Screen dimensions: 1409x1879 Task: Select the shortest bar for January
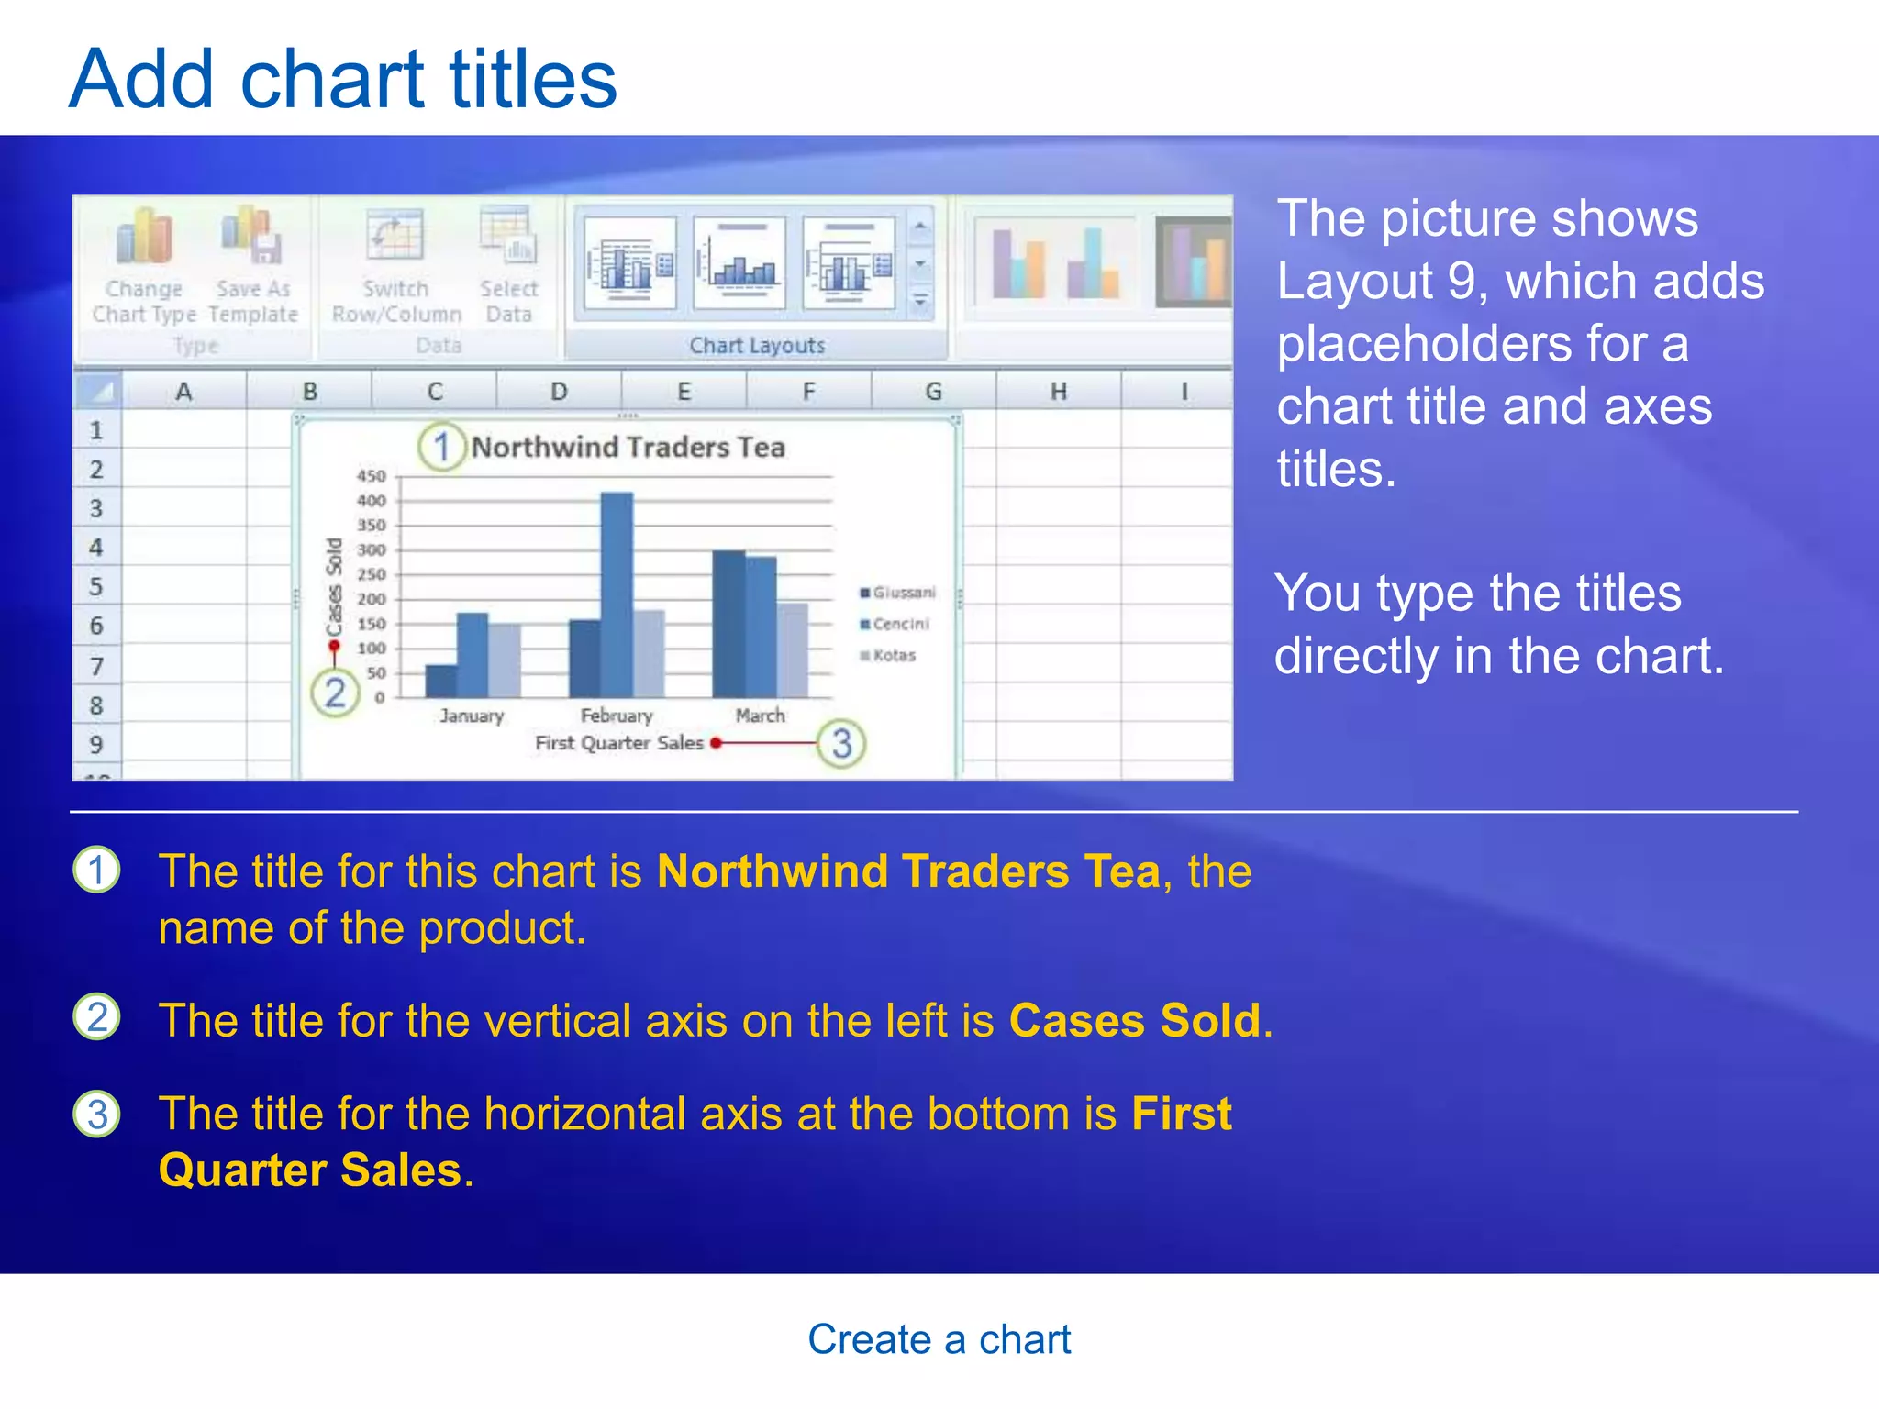[x=441, y=681]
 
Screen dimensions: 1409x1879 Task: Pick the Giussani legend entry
[x=898, y=593]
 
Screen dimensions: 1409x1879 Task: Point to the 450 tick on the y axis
[x=372, y=476]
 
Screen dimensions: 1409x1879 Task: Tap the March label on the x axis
[x=760, y=716]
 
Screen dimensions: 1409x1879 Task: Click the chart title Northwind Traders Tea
[x=628, y=448]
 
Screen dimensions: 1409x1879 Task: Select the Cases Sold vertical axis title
[x=334, y=587]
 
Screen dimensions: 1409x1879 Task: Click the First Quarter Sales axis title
[x=619, y=743]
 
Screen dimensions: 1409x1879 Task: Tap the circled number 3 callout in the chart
[x=841, y=743]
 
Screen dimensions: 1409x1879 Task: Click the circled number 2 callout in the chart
[x=335, y=693]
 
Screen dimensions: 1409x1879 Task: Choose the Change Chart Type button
[x=144, y=266]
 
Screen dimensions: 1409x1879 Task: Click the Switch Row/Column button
[x=396, y=266]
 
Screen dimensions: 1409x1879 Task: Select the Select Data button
[x=509, y=266]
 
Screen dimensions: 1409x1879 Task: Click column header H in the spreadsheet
[x=1059, y=392]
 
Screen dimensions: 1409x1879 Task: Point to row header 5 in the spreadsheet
[x=96, y=586]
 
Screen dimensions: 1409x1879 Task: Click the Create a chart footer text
[x=939, y=1339]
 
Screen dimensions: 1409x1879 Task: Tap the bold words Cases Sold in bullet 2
[x=1135, y=1020]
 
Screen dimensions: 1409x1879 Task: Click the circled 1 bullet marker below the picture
[x=96, y=870]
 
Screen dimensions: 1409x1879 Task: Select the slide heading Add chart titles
[x=343, y=79]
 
